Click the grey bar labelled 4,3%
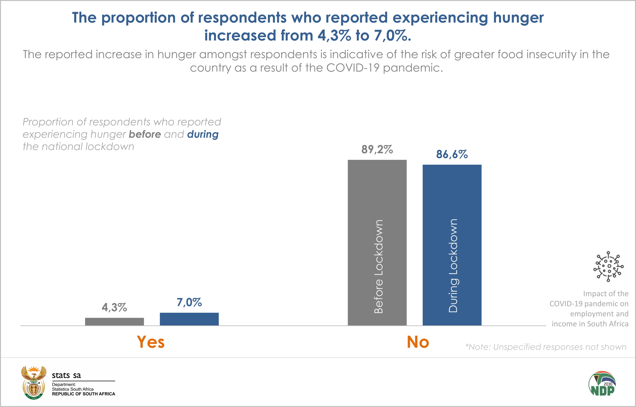point(114,321)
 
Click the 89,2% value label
point(377,150)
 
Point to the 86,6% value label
point(452,154)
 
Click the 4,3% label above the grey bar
point(114,307)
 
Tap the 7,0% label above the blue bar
point(189,302)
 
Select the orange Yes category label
point(151,342)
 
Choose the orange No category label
point(418,342)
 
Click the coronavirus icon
point(608,266)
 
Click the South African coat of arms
point(33,382)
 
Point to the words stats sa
point(66,375)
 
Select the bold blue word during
point(203,134)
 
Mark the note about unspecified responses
point(546,347)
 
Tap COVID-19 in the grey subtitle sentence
point(353,68)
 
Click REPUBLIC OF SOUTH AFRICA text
point(84,394)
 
